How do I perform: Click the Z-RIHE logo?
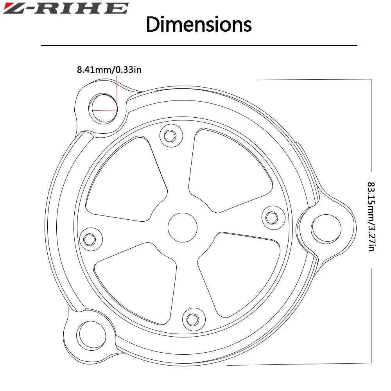pyautogui.click(x=66, y=8)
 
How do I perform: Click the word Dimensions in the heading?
pyautogui.click(x=199, y=24)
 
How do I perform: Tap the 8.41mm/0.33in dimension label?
pyautogui.click(x=109, y=70)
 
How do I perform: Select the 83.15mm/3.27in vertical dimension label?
pyautogui.click(x=371, y=217)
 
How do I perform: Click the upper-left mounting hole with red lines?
pyautogui.click(x=103, y=108)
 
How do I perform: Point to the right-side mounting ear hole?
pyautogui.click(x=326, y=229)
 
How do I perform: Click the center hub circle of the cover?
pyautogui.click(x=183, y=228)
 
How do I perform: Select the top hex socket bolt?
pyautogui.click(x=171, y=136)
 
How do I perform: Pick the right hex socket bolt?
pyautogui.click(x=273, y=217)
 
